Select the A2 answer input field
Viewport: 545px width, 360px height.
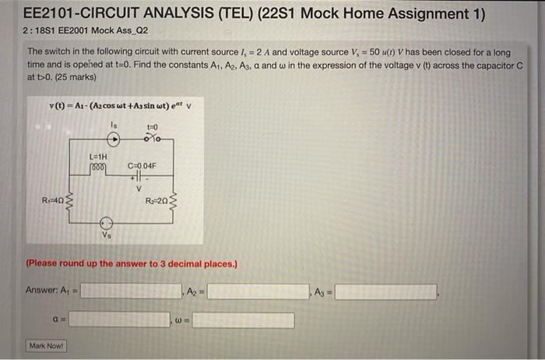point(257,291)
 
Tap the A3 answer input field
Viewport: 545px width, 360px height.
point(386,291)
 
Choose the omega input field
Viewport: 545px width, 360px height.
point(244,319)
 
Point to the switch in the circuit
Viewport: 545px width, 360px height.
point(153,139)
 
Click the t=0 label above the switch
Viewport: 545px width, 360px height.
point(152,127)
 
